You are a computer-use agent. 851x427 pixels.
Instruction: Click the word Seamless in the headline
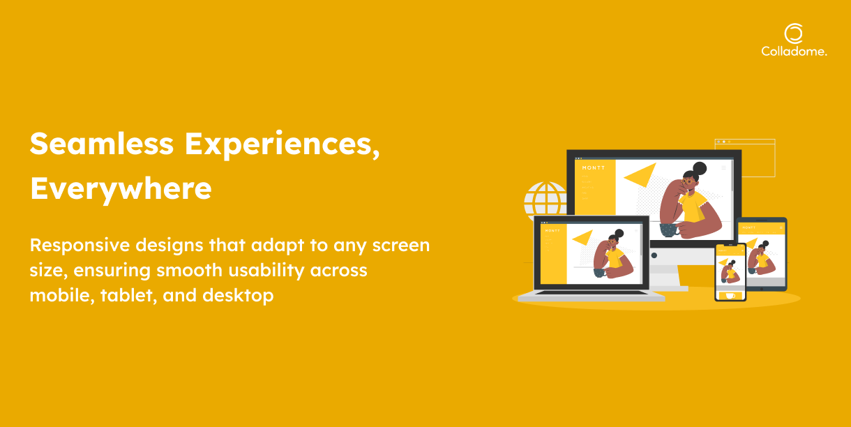[x=101, y=144]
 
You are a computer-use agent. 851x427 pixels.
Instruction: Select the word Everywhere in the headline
[x=121, y=189]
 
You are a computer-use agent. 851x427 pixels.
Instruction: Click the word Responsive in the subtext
[x=80, y=246]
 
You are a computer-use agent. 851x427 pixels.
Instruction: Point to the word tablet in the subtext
[x=128, y=295]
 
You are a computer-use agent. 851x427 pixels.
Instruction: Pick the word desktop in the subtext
[x=238, y=296]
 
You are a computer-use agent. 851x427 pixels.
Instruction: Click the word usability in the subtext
[x=266, y=271]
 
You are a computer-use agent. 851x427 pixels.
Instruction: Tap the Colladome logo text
[x=794, y=52]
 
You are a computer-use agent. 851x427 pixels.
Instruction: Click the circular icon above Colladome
[x=794, y=33]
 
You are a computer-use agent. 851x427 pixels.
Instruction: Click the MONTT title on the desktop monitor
[x=594, y=168]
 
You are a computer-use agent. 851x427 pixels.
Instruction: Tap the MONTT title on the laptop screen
[x=552, y=231]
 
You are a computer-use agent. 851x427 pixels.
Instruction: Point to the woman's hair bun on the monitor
[x=700, y=168]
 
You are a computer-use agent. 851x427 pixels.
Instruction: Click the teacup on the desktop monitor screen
[x=669, y=230]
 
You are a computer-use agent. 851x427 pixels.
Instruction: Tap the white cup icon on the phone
[x=730, y=296]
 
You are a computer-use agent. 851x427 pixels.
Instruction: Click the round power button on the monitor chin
[x=654, y=255]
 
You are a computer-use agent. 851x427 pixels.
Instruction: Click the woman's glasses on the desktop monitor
[x=688, y=181]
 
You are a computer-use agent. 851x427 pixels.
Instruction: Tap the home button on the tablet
[x=762, y=289]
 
